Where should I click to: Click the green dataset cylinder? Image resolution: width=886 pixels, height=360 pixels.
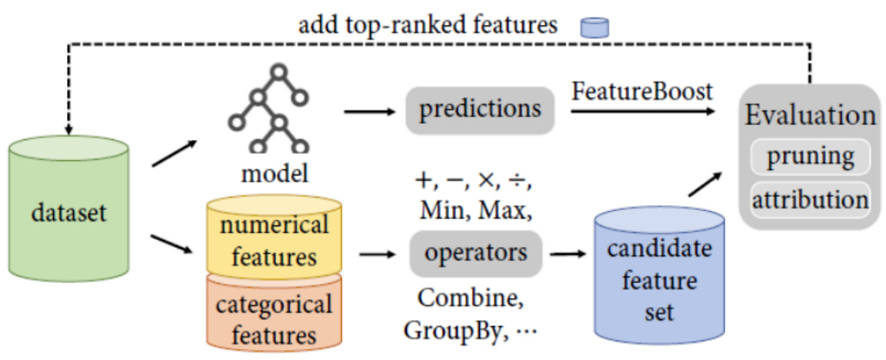(x=68, y=209)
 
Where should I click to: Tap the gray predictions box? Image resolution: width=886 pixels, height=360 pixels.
(x=480, y=108)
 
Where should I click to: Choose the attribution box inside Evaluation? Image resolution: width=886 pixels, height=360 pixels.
(x=811, y=198)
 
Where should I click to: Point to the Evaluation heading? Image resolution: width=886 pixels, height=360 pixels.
(x=810, y=116)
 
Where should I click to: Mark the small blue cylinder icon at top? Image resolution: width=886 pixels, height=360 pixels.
(x=595, y=28)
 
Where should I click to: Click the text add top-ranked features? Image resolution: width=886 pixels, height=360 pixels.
(x=428, y=25)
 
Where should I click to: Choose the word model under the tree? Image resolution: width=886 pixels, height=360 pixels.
(x=275, y=174)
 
